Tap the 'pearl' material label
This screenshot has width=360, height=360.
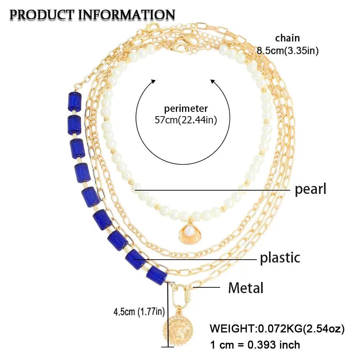pyautogui.click(x=310, y=189)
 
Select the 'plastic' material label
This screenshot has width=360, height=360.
pyautogui.click(x=280, y=258)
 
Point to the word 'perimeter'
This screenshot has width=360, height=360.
pyautogui.click(x=186, y=108)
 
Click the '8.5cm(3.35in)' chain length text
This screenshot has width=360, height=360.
pyautogui.click(x=287, y=51)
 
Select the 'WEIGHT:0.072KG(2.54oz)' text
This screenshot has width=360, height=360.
pyautogui.click(x=277, y=328)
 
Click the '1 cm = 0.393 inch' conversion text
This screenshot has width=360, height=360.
pyautogui.click(x=255, y=345)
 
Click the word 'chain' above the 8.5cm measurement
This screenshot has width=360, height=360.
pyautogui.click(x=287, y=38)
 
